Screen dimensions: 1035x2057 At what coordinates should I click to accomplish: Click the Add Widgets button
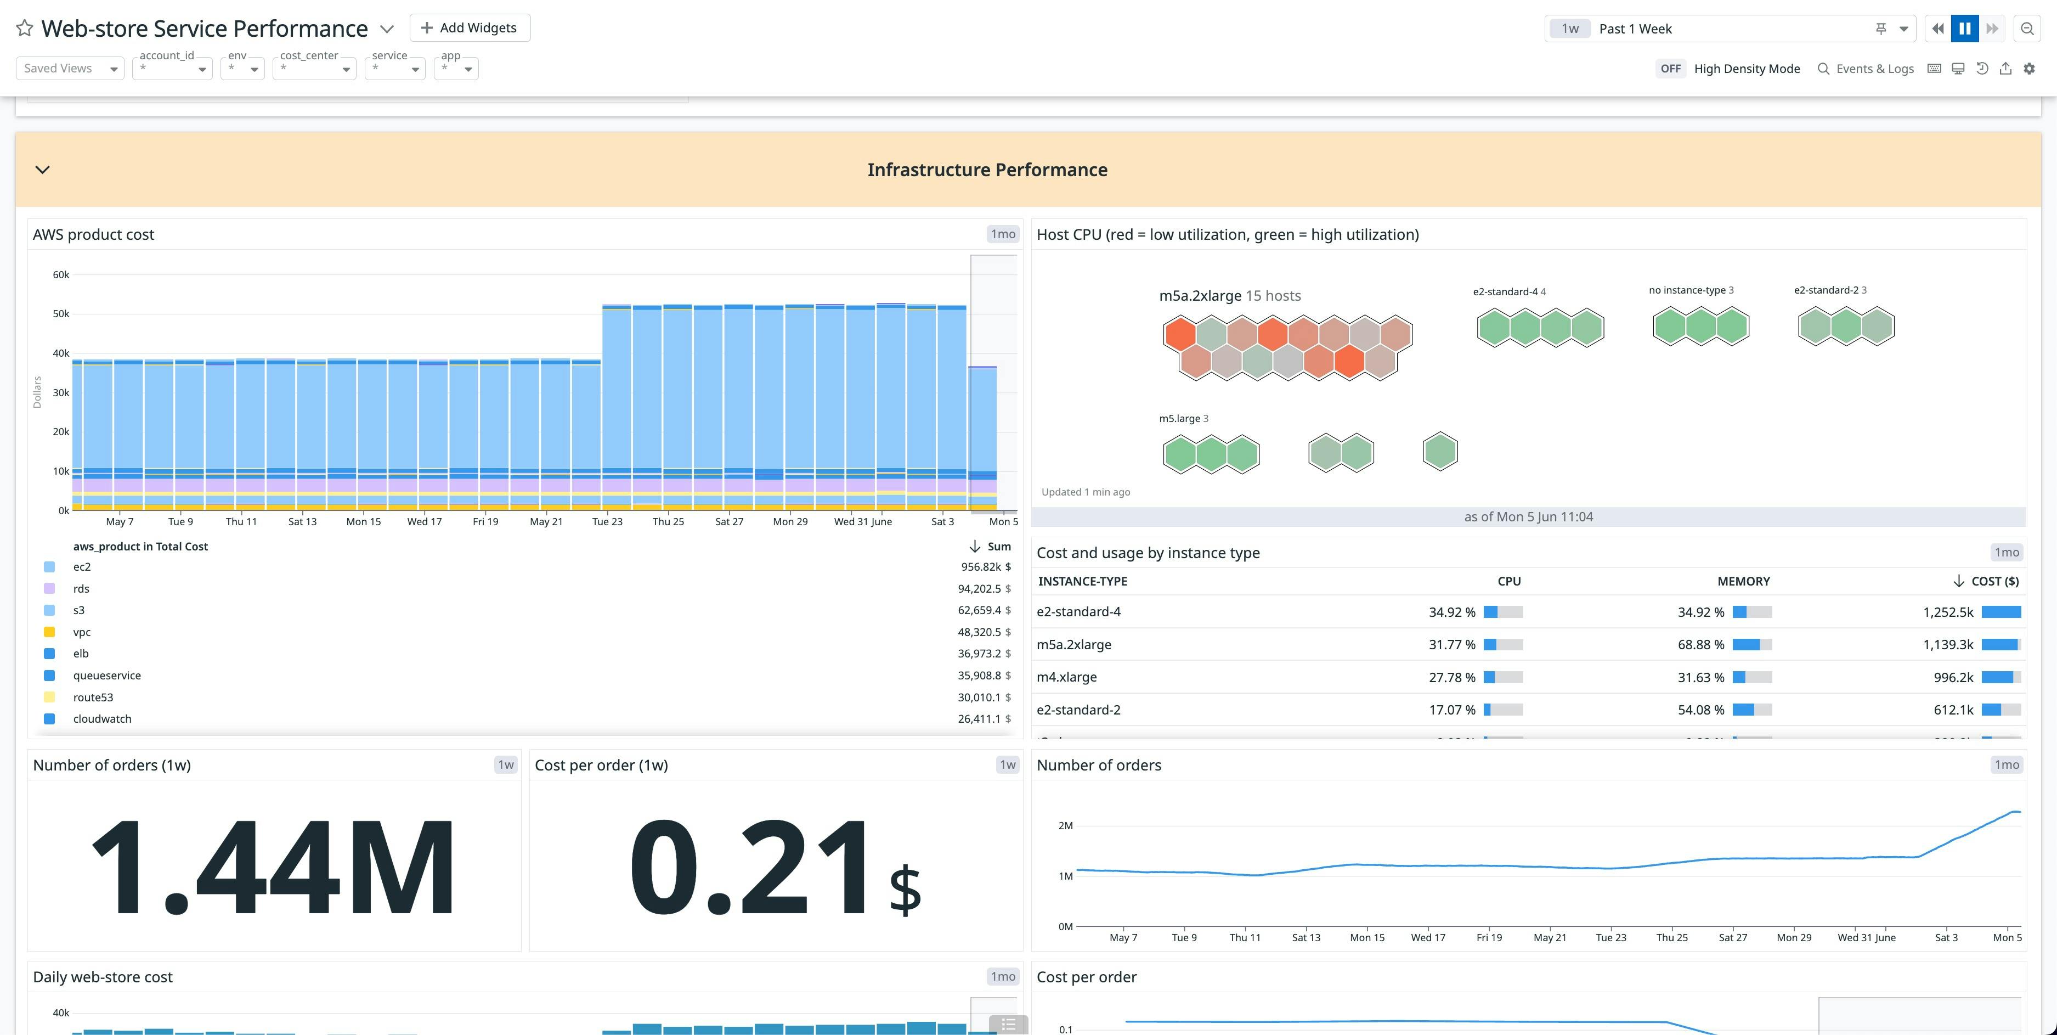point(470,28)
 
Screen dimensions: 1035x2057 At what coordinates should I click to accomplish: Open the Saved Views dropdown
point(70,69)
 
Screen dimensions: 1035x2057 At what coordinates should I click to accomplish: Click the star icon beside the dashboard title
point(25,28)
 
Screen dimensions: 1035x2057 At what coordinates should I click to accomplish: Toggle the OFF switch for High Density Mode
point(1670,69)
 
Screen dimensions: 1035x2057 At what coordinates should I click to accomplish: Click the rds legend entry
point(81,589)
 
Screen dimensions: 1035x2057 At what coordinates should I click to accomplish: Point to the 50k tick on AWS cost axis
point(61,314)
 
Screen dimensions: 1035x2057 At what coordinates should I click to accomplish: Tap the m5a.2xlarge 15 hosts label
point(1230,295)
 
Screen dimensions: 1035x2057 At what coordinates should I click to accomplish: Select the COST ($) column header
point(1994,581)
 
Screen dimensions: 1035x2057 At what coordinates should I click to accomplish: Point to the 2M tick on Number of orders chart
point(1065,826)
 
